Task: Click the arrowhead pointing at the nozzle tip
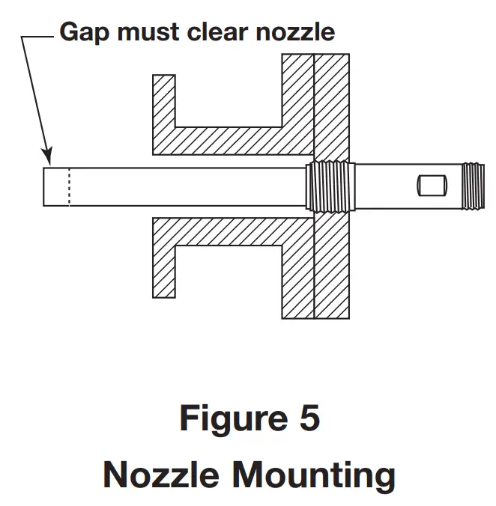coord(47,156)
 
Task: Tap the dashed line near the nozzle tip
coord(69,186)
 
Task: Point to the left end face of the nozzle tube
coord(43,186)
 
